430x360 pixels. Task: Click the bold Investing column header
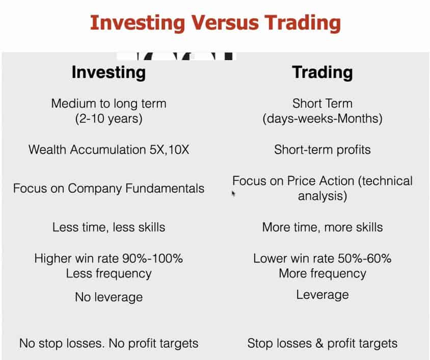109,73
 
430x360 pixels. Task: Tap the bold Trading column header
322,73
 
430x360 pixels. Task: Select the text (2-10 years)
109,119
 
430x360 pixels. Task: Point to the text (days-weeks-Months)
322,119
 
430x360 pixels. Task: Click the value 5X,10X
170,150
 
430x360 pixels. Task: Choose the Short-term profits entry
322,150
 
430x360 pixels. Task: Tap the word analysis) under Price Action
322,196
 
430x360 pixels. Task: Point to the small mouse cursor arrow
233,194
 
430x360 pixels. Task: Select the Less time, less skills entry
109,227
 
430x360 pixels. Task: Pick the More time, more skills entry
322,227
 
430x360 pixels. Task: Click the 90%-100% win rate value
152,259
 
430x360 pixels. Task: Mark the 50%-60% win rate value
365,259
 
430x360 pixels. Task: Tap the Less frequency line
109,274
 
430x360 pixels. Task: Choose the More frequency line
322,274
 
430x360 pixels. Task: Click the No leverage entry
109,297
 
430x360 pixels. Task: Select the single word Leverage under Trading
322,295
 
